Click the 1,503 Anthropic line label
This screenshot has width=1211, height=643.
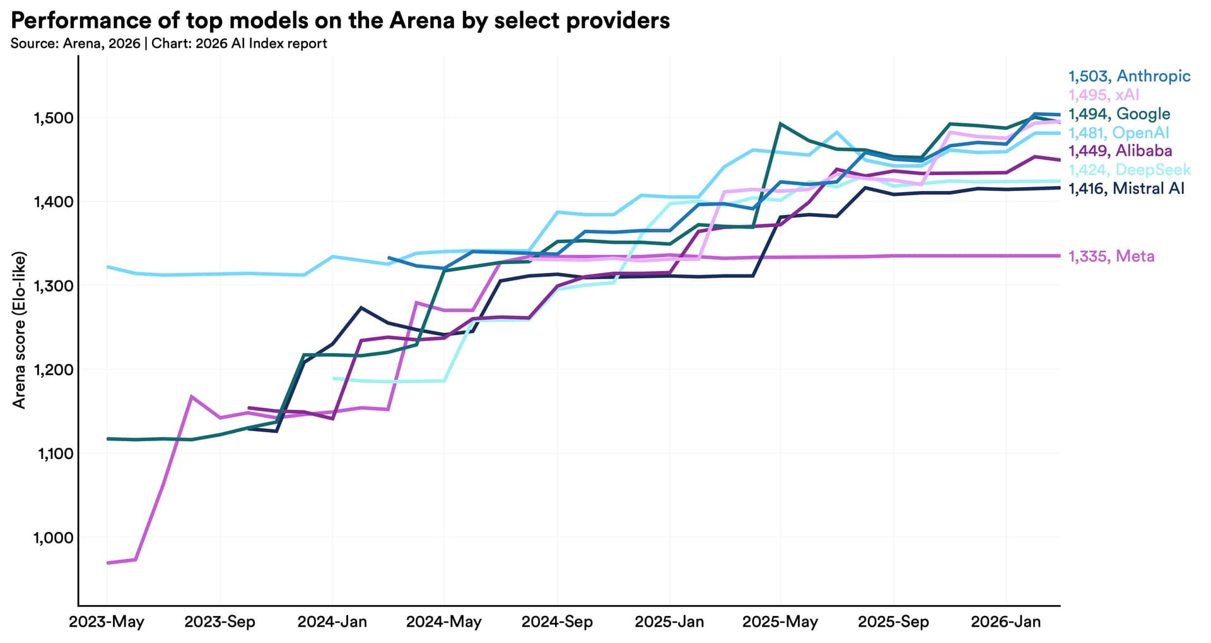(x=1129, y=76)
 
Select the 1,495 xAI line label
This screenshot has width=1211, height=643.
(x=1104, y=95)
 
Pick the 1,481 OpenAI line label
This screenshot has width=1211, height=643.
(x=1118, y=133)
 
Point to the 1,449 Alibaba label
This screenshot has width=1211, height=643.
(x=1120, y=151)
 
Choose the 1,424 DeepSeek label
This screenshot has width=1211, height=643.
(x=1129, y=170)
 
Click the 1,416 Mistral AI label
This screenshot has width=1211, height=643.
(x=1126, y=188)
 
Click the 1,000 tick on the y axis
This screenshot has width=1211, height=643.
(x=53, y=538)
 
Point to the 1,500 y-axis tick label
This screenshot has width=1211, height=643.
(x=53, y=118)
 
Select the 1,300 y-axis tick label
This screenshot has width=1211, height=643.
(x=53, y=286)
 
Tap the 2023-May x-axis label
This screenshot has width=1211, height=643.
(x=107, y=622)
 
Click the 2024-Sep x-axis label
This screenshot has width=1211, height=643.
(x=557, y=622)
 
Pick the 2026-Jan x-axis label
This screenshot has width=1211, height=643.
(x=1006, y=622)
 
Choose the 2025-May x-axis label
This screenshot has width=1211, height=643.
(x=780, y=622)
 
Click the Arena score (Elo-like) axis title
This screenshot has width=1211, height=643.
(x=20, y=330)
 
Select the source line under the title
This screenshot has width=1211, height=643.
(x=169, y=43)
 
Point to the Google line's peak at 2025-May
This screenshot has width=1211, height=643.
(x=780, y=124)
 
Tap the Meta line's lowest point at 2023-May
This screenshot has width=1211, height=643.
(x=108, y=562)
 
